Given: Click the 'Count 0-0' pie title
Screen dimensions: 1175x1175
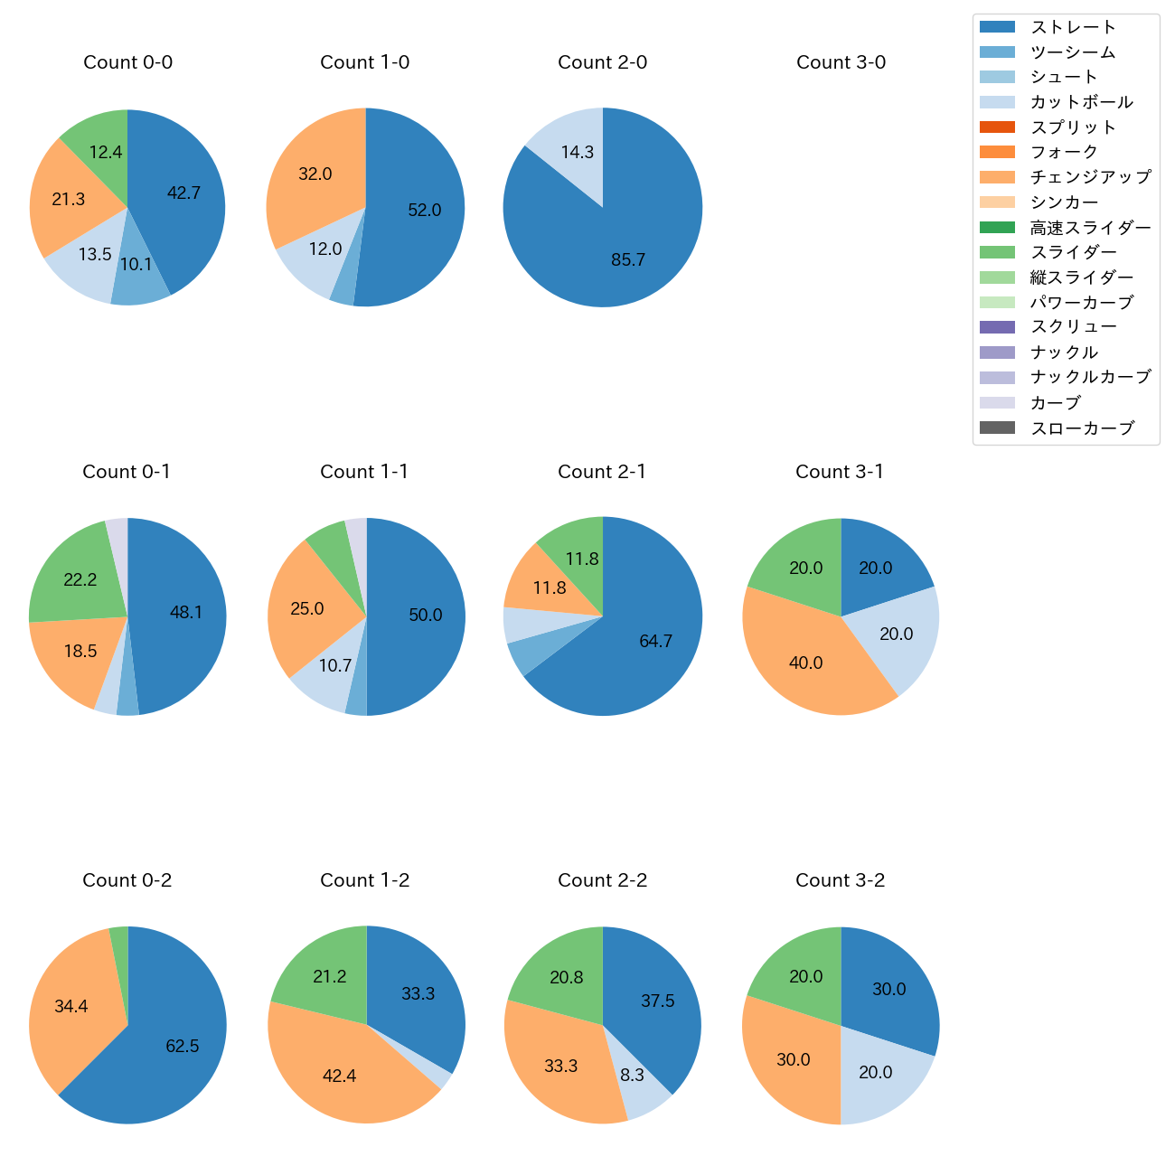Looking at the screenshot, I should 127,62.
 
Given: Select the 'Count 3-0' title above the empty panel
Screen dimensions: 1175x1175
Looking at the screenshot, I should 841,62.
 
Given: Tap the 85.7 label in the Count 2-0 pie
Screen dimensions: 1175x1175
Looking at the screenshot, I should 628,260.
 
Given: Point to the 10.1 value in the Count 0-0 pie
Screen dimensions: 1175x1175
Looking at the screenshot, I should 136,265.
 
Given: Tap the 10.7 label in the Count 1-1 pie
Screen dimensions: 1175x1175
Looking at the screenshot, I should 335,666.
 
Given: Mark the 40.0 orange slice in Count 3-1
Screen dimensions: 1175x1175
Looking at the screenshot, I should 805,663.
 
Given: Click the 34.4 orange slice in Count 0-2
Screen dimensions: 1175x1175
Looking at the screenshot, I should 71,1007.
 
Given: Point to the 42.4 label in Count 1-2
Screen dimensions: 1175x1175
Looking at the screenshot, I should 340,1076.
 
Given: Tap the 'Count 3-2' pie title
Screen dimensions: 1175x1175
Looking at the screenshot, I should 840,880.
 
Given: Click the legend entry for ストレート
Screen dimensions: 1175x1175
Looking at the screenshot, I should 1073,27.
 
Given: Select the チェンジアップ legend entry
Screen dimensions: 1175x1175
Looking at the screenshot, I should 1090,177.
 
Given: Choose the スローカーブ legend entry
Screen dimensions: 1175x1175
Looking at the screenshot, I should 1082,428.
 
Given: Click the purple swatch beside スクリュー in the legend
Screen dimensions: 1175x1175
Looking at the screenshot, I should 997,327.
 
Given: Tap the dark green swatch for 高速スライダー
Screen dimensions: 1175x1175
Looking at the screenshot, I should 997,228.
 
